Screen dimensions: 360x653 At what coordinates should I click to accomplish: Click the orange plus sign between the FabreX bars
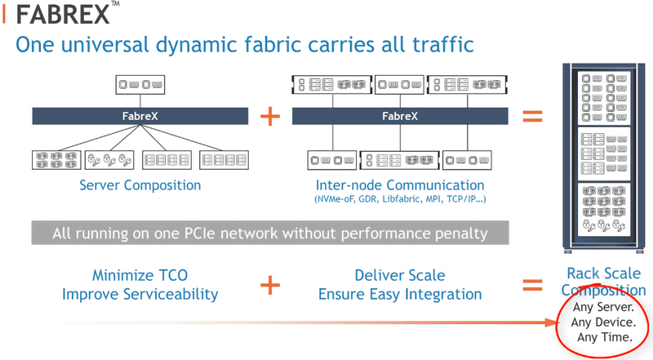[x=270, y=116]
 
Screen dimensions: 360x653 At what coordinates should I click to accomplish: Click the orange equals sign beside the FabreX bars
[x=531, y=116]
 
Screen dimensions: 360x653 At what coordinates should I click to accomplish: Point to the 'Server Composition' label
[x=140, y=185]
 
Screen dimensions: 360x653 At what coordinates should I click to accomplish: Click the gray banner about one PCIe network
[x=269, y=233]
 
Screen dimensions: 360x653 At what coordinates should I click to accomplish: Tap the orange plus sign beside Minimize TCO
[x=270, y=285]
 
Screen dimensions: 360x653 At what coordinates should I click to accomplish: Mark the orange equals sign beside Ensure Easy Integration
[x=531, y=285]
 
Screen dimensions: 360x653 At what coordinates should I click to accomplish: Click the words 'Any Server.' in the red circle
[x=601, y=308]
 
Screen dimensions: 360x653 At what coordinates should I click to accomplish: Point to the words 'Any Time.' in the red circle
[x=601, y=336]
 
